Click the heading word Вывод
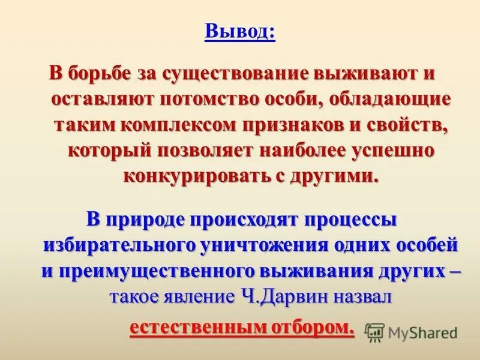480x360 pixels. point(239,31)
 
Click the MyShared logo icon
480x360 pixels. point(374,331)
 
